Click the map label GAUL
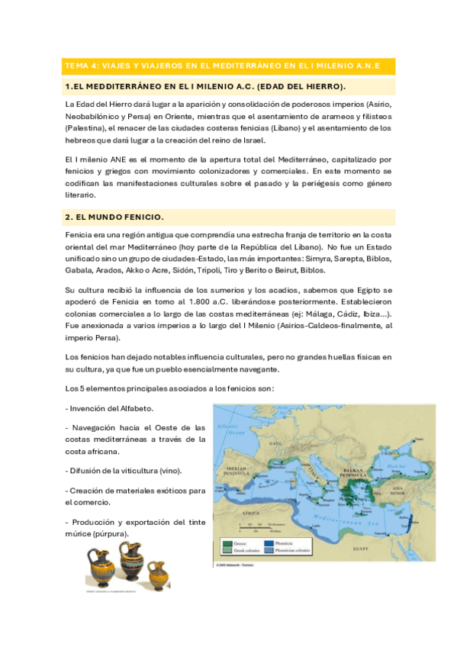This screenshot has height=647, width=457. pos(273,443)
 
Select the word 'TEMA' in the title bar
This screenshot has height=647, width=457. pos(77,66)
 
